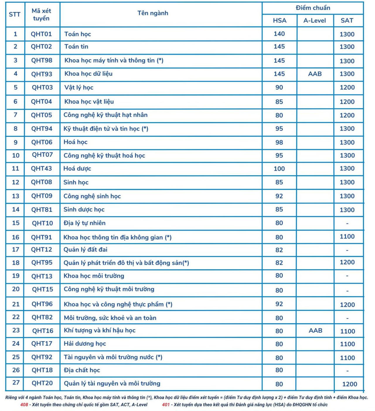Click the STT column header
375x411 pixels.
point(15,14)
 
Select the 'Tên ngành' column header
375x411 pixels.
point(153,13)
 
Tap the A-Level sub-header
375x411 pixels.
point(315,21)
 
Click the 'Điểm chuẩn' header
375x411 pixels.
point(313,8)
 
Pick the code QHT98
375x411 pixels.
point(42,60)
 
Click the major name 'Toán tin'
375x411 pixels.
point(76,47)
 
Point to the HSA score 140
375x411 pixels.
point(279,34)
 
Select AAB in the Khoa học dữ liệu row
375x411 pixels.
point(315,74)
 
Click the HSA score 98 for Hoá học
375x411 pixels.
point(279,142)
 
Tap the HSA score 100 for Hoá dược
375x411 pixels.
point(279,169)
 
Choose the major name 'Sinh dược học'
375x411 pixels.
point(84,210)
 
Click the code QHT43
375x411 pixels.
point(41,169)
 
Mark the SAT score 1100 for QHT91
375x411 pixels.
point(347,237)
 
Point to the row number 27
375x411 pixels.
point(16,383)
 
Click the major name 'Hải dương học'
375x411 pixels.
point(85,344)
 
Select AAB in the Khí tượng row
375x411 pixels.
point(316,331)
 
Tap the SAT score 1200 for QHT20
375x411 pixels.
point(350,384)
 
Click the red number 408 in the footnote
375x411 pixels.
point(24,405)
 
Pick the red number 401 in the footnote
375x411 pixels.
point(166,405)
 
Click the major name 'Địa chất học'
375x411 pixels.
point(82,370)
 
